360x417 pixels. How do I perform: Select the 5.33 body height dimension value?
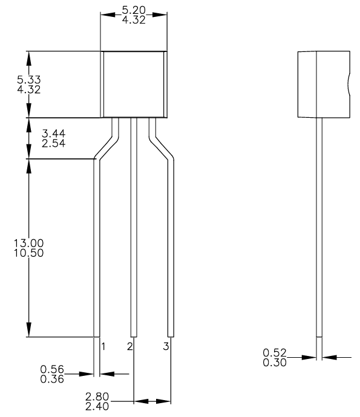pyautogui.click(x=28, y=80)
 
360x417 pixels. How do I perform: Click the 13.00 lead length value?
pyautogui.click(x=28, y=243)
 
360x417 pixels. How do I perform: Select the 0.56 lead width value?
pyautogui.click(x=53, y=369)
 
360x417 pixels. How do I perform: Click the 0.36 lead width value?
pyautogui.click(x=53, y=379)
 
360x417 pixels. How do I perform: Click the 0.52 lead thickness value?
pyautogui.click(x=275, y=352)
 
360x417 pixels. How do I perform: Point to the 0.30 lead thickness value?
pyautogui.click(x=275, y=362)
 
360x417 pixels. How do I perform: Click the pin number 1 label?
pyautogui.click(x=103, y=347)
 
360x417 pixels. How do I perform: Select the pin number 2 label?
pyautogui.click(x=129, y=347)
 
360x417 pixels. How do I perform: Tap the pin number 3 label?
pyautogui.click(x=166, y=347)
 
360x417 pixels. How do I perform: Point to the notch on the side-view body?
pyautogui.click(x=349, y=84)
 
